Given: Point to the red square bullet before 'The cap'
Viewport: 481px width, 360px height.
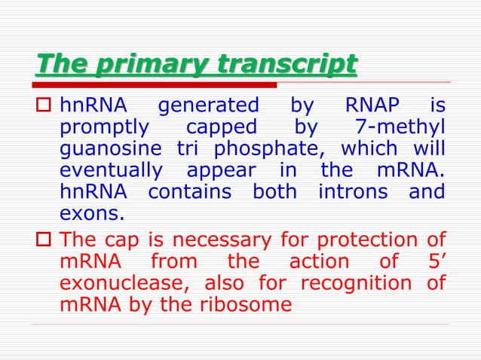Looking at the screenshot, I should tap(44, 242).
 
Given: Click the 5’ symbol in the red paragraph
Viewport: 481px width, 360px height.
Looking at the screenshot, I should tap(434, 263).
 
